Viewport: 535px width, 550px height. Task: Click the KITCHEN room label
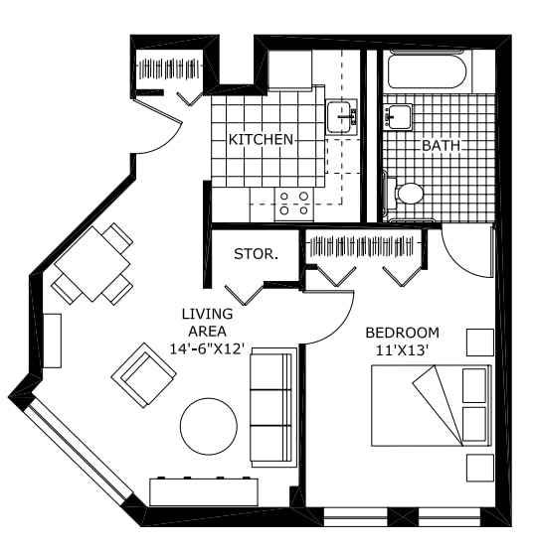(x=261, y=139)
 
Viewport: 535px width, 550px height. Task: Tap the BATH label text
(x=441, y=145)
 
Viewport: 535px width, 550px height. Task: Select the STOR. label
(x=257, y=254)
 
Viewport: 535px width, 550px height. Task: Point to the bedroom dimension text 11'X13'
(x=403, y=350)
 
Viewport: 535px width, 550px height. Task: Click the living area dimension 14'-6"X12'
(x=207, y=349)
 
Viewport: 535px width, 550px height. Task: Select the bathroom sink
(x=398, y=117)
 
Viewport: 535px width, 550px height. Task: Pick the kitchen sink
(x=341, y=117)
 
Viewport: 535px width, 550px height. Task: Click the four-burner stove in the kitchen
(x=294, y=204)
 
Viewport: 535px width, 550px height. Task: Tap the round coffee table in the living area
(x=208, y=426)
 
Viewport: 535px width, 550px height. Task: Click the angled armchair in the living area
(x=143, y=375)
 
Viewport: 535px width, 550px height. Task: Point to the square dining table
(x=92, y=264)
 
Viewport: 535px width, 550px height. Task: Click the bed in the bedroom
(x=432, y=405)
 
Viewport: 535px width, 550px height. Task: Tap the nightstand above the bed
(x=480, y=343)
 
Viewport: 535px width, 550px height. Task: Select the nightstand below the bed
(x=480, y=468)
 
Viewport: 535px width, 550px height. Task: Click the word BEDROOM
(x=403, y=333)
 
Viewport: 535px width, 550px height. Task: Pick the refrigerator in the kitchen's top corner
(x=290, y=70)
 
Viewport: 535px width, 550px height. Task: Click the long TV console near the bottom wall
(x=204, y=491)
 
